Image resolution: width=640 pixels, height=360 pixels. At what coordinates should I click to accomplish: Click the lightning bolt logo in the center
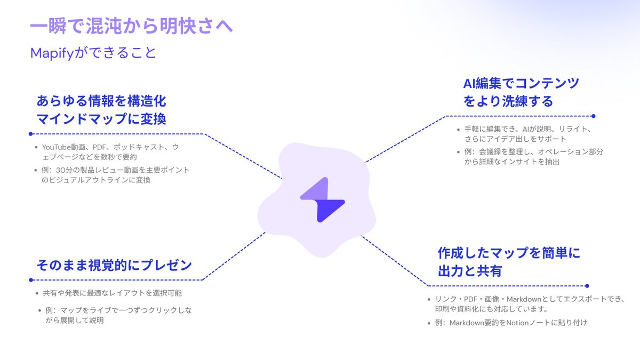tap(322, 203)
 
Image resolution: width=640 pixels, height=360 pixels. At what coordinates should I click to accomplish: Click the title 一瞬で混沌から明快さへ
tap(131, 27)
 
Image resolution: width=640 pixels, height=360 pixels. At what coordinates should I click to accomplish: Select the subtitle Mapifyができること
tap(93, 53)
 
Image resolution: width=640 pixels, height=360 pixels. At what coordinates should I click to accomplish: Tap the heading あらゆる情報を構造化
tap(101, 101)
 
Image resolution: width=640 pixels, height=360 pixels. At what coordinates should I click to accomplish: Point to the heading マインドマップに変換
tap(101, 118)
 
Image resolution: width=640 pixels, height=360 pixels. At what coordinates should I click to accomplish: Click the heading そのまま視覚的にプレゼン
tap(114, 265)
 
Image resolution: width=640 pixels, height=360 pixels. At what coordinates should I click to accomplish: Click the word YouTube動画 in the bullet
tap(65, 147)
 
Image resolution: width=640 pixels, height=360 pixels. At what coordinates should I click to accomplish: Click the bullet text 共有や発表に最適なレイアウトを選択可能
tap(112, 293)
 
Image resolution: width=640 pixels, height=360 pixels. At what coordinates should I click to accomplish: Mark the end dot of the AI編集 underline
tap(593, 116)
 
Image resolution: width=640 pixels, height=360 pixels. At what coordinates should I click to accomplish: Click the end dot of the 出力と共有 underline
tap(587, 286)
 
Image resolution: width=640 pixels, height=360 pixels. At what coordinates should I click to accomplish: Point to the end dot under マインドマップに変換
tap(31, 134)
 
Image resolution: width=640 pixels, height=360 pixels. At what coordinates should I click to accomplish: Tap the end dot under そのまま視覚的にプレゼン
tap(31, 279)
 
